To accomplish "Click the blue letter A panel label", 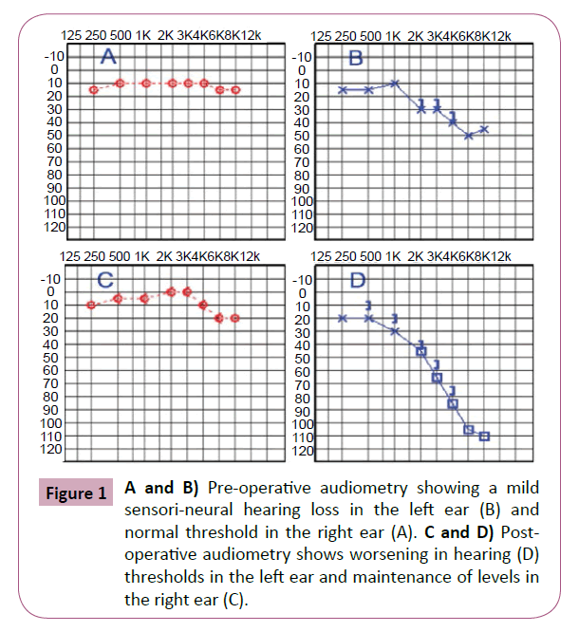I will pyautogui.click(x=108, y=59).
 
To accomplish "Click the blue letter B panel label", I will pyautogui.click(x=357, y=59).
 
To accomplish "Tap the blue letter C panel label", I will pyautogui.click(x=106, y=280).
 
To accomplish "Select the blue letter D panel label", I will pyautogui.click(x=358, y=281).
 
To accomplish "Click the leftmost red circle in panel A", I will pyautogui.click(x=94, y=90).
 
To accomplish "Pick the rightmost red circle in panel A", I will pyautogui.click(x=235, y=90).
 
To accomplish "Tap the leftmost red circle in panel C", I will pyautogui.click(x=91, y=305).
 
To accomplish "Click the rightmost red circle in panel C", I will pyautogui.click(x=235, y=318).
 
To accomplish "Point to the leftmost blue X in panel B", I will pyautogui.click(x=343, y=89).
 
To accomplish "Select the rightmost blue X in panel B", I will pyautogui.click(x=484, y=129).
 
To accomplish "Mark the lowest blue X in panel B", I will pyautogui.click(x=469, y=136).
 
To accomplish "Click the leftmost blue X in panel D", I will pyautogui.click(x=343, y=318).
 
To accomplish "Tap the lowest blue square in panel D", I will pyautogui.click(x=484, y=437).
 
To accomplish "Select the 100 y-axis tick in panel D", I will pyautogui.click(x=304, y=423).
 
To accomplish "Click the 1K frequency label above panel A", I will pyautogui.click(x=143, y=35).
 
